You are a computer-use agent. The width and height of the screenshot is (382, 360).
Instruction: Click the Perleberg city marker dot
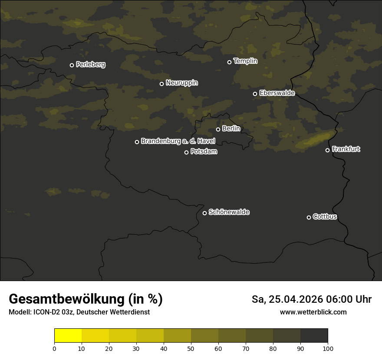72,65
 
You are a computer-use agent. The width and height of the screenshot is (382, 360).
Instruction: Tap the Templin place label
245,61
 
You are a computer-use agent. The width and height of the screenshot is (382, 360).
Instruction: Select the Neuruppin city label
181,83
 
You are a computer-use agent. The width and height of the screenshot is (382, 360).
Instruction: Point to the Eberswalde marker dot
255,94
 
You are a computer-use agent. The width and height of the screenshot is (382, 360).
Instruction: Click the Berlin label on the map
231,129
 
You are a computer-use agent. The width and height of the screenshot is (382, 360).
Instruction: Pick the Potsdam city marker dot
186,152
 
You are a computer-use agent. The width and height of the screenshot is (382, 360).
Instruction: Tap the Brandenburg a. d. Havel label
178,141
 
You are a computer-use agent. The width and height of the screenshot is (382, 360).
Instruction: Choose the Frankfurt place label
346,149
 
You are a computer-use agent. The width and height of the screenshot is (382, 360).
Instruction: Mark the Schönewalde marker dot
204,213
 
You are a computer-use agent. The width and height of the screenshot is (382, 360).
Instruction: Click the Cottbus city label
325,217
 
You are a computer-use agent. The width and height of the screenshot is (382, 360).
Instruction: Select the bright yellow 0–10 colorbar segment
68,336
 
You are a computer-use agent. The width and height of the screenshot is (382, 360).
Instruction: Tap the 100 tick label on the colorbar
328,349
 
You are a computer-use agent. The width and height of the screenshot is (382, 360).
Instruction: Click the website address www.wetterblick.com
313,312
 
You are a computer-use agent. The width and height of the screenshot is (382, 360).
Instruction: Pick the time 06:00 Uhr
346,299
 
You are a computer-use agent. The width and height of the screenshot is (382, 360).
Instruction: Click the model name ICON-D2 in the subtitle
46,312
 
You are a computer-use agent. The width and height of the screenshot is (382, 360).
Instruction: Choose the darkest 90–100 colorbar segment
314,336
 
